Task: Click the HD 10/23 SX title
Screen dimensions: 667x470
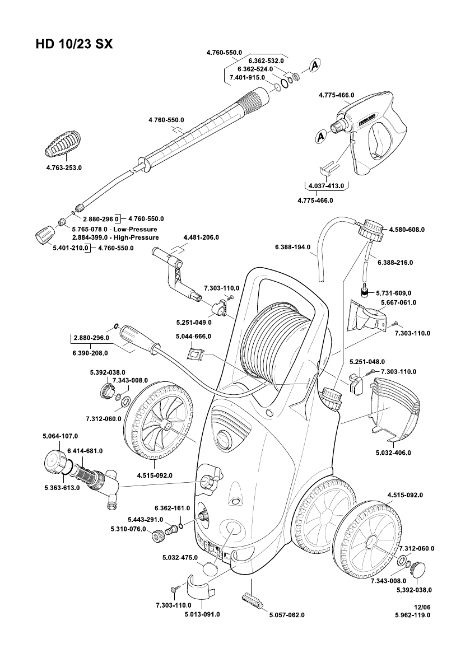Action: [74, 44]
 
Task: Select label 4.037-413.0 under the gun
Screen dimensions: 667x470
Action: [327, 187]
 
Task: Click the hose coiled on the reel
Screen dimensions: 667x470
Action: [276, 342]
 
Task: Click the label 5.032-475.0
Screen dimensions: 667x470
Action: [178, 557]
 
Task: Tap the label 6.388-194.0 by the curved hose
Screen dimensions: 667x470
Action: [292, 247]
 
